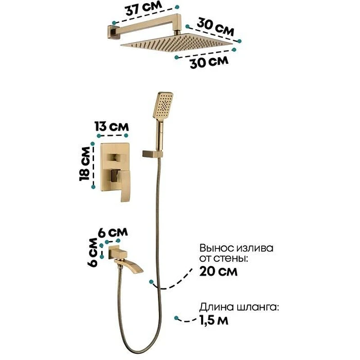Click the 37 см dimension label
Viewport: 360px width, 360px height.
pos(144,8)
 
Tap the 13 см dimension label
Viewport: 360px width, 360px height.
pos(112,126)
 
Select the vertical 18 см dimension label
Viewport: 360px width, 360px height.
pos(84,164)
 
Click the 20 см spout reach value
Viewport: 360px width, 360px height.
pos(218,271)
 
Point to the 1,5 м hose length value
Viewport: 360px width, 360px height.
pos(213,320)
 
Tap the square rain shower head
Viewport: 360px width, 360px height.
pos(177,43)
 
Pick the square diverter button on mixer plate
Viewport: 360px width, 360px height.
pos(115,157)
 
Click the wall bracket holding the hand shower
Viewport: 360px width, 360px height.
pos(153,154)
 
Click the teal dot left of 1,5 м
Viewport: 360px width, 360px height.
pos(176,318)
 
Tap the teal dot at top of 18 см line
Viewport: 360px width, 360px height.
pos(93,144)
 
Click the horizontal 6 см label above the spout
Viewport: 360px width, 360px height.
pos(113,233)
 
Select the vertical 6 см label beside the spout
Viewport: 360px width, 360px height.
pos(93,252)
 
